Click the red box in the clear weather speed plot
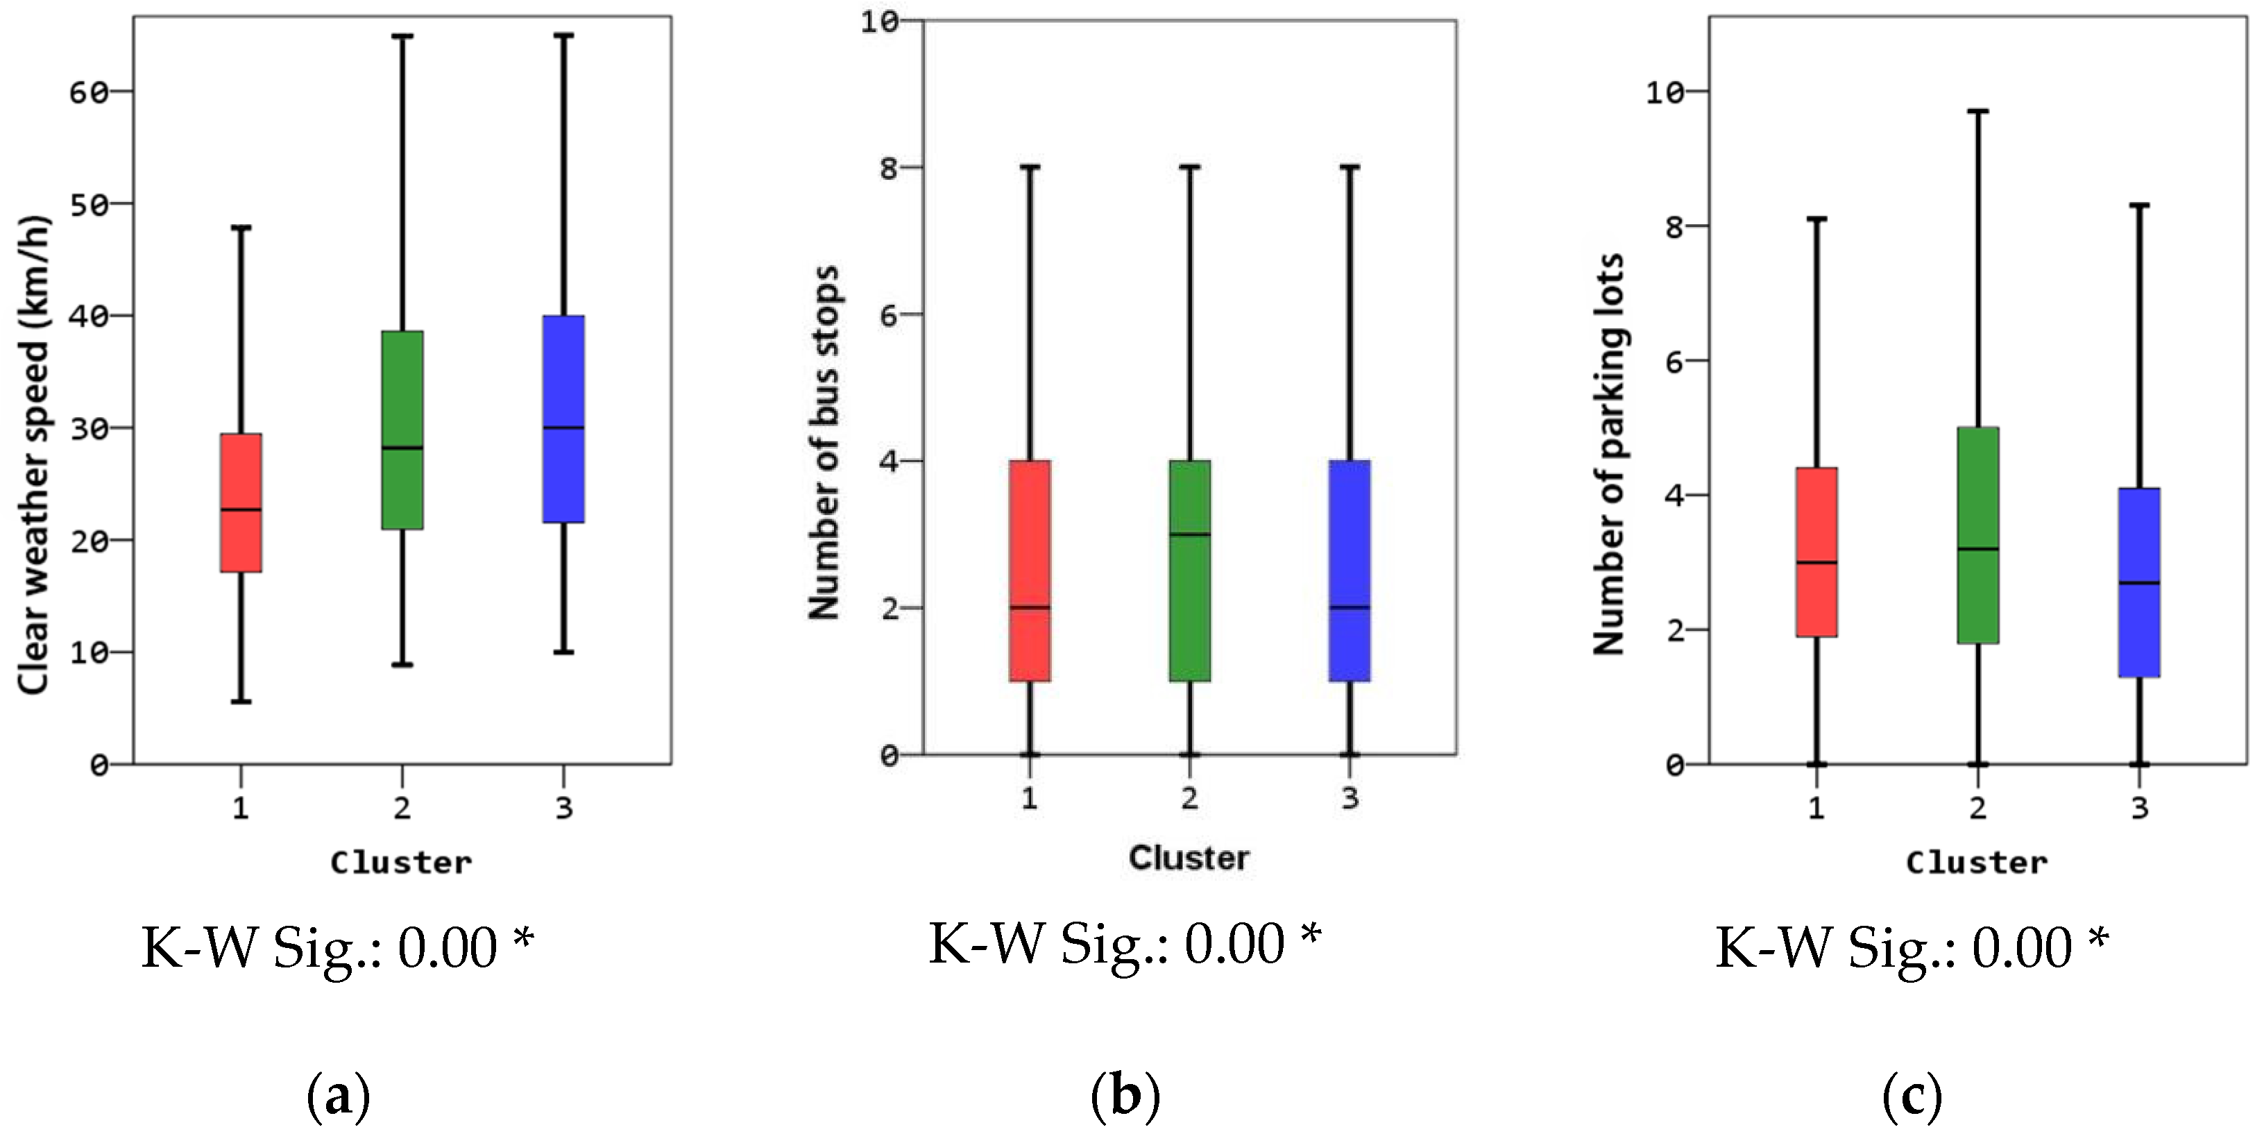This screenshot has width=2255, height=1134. [241, 502]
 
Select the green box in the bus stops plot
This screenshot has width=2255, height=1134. [1190, 570]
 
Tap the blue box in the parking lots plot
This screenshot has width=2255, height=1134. [2139, 582]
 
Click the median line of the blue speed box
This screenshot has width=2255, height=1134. [563, 428]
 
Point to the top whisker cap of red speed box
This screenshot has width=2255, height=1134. [241, 228]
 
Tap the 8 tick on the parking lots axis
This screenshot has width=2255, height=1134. [1675, 226]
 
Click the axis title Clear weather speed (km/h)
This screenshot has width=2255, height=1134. [33, 455]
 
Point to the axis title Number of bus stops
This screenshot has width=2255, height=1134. [824, 442]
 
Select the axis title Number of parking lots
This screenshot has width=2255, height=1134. [1609, 454]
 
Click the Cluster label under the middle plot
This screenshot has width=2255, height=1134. [1188, 857]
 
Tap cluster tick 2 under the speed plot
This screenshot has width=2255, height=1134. [402, 807]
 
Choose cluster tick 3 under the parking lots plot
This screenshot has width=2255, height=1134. [2139, 807]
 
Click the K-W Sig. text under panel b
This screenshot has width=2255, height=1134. [1124, 944]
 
